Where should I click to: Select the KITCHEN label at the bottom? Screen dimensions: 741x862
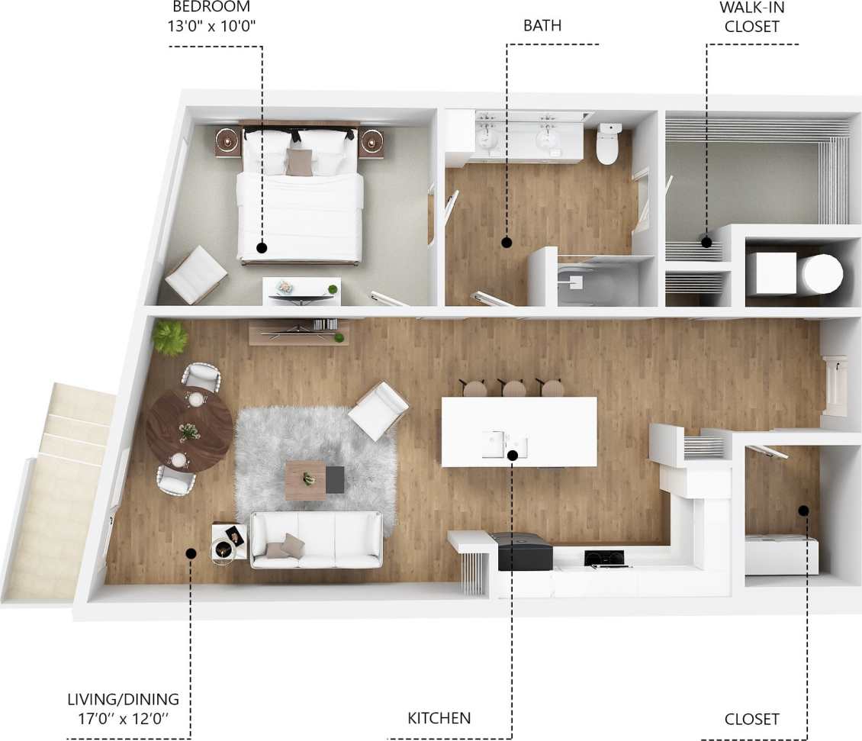tap(439, 718)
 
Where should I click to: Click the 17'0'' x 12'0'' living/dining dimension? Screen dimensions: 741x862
tap(123, 719)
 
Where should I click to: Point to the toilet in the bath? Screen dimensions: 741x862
tap(608, 144)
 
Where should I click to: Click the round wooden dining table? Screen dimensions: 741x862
tap(189, 430)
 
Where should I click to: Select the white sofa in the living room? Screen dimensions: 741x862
tap(317, 540)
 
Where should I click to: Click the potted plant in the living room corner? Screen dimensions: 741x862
tap(169, 336)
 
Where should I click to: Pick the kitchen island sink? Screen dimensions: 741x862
tap(504, 443)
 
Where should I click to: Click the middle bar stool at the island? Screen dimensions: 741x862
tap(514, 388)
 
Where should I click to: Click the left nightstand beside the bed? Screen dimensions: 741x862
tap(227, 142)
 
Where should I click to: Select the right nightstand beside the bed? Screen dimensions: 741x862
tap(371, 142)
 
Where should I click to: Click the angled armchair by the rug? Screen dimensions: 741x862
tap(378, 411)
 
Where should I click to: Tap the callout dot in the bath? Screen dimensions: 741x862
tap(506, 243)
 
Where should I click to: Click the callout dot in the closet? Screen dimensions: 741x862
tap(803, 510)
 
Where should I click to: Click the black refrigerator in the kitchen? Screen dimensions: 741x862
tap(524, 552)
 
